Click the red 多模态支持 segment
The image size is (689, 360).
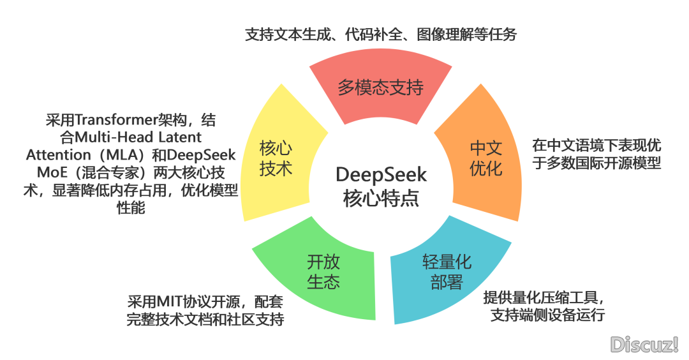381,87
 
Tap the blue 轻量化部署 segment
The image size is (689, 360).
447,271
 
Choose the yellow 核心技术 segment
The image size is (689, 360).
276,159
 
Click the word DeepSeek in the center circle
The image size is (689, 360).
382,174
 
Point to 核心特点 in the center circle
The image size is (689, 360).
382,197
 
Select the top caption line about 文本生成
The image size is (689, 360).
381,35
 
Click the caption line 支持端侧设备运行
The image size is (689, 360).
547,315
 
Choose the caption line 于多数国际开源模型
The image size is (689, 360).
596,163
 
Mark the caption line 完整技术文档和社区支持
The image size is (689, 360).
205,319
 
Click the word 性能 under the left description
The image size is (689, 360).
130,209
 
